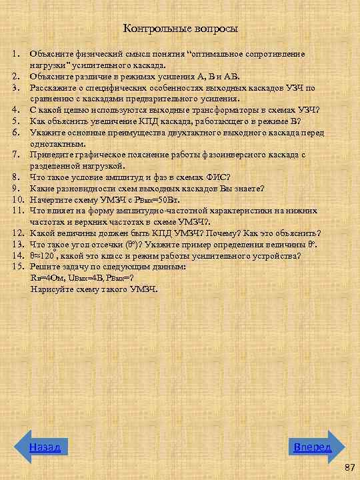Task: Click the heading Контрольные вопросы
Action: click(181, 29)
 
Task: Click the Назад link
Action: click(45, 447)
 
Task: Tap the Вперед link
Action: click(313, 447)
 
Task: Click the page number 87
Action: click(349, 469)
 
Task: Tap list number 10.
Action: click(18, 199)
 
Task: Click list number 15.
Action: click(18, 266)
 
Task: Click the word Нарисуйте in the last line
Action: click(51, 289)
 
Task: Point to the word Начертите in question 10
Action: click(51, 199)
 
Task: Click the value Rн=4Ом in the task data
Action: click(46, 277)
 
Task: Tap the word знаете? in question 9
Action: click(247, 188)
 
